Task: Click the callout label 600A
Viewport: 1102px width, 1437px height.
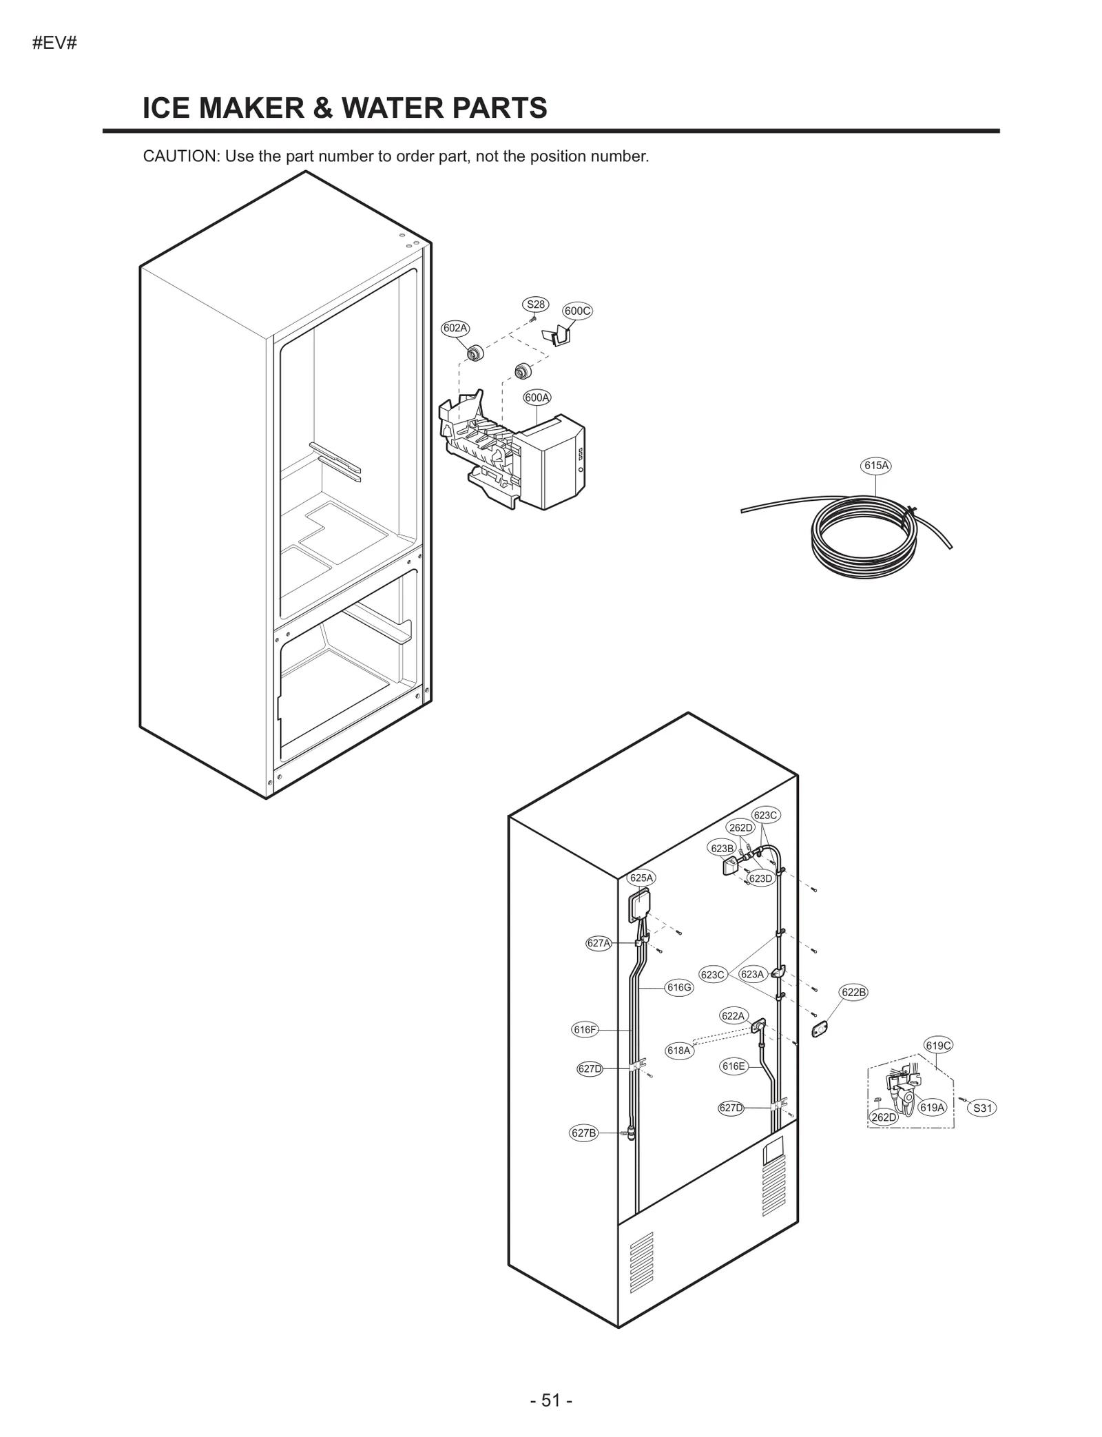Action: (x=537, y=397)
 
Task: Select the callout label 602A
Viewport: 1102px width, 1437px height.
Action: (x=455, y=328)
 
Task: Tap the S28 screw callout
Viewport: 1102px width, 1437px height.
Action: (x=535, y=304)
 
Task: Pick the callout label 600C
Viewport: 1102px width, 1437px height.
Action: (x=577, y=311)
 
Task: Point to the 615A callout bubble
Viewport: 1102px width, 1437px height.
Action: (x=876, y=465)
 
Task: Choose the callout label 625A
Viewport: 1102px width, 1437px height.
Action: (x=641, y=878)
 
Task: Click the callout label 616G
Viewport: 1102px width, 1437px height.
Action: (x=678, y=987)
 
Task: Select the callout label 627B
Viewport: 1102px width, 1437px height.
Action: (x=583, y=1133)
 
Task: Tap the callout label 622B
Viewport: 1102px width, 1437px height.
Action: (x=853, y=992)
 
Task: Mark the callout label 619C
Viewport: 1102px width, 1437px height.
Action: (x=938, y=1045)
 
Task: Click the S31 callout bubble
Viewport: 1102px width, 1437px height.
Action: (x=982, y=1108)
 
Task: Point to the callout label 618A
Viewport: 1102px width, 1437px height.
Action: (x=678, y=1050)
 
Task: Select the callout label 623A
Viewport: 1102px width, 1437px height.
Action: (x=752, y=974)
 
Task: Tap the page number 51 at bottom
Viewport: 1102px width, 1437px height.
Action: (x=551, y=1400)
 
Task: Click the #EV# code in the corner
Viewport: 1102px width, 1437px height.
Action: (x=54, y=43)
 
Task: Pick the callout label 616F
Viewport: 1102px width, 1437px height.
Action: (x=585, y=1029)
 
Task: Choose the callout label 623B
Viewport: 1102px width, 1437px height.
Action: (x=722, y=848)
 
